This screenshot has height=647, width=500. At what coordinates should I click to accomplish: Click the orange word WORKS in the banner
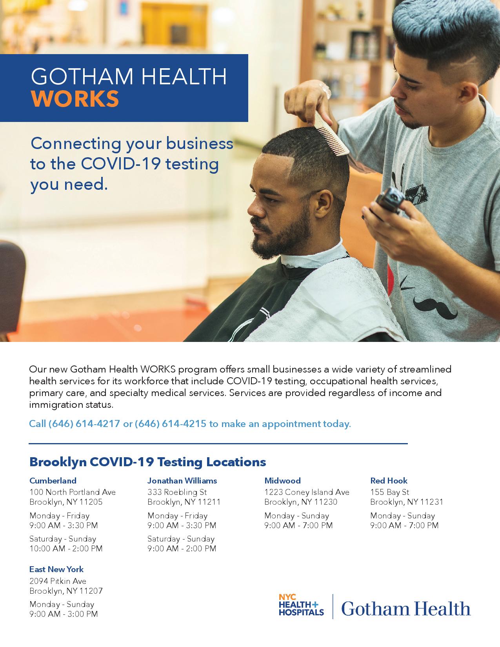tap(75, 99)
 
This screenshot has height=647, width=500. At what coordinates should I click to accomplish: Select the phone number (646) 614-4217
tap(84, 423)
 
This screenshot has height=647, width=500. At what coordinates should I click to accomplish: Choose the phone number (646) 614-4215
tap(170, 423)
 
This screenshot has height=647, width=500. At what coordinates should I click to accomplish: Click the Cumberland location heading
tap(53, 481)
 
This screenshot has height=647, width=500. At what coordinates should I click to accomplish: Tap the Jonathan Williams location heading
tap(182, 481)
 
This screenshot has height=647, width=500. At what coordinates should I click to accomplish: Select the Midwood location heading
tap(283, 481)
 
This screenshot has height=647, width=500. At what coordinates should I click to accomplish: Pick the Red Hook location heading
tap(389, 481)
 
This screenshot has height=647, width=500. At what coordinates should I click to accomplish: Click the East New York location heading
tap(56, 569)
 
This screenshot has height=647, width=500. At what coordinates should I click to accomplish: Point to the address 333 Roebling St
tap(177, 492)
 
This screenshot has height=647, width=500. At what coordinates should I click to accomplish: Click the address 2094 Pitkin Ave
tap(58, 581)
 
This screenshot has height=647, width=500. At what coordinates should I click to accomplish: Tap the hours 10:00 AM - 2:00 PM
tap(66, 549)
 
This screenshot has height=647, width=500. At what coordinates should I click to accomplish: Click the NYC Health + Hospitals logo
tap(301, 605)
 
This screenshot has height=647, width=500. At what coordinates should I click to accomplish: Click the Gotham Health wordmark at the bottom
tap(406, 608)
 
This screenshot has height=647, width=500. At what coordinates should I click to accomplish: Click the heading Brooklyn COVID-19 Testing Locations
tap(148, 462)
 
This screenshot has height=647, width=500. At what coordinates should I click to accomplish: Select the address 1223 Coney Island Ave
tap(307, 492)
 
